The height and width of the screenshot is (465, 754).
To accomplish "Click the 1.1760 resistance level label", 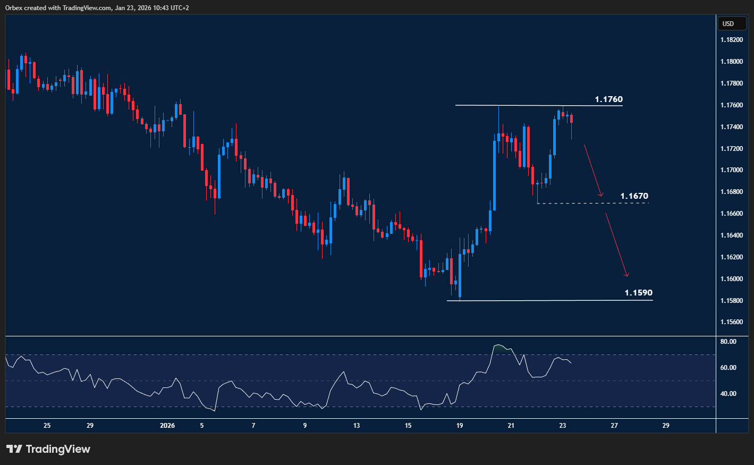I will click(x=608, y=99).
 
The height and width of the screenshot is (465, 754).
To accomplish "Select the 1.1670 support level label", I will click(x=634, y=196).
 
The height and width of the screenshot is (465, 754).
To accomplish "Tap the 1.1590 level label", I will click(x=638, y=293).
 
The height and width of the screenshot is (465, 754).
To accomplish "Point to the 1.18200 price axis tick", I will click(x=731, y=40).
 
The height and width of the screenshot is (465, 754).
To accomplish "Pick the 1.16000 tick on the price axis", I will click(x=731, y=279).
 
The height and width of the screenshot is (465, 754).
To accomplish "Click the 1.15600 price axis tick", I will click(x=731, y=322).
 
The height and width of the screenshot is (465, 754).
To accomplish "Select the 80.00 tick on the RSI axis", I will click(x=728, y=342).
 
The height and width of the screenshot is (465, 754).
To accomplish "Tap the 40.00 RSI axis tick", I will click(x=728, y=394).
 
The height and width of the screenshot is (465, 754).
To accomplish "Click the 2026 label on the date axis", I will click(x=167, y=426).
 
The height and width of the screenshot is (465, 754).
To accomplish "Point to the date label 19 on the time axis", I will click(x=460, y=426).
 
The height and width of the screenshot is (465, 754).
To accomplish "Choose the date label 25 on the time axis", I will click(x=47, y=426).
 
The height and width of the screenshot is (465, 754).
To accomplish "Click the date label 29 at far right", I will click(x=666, y=426).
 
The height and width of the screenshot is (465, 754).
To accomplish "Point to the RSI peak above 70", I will click(x=498, y=345).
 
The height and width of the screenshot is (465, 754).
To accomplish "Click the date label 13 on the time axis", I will click(x=357, y=426).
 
